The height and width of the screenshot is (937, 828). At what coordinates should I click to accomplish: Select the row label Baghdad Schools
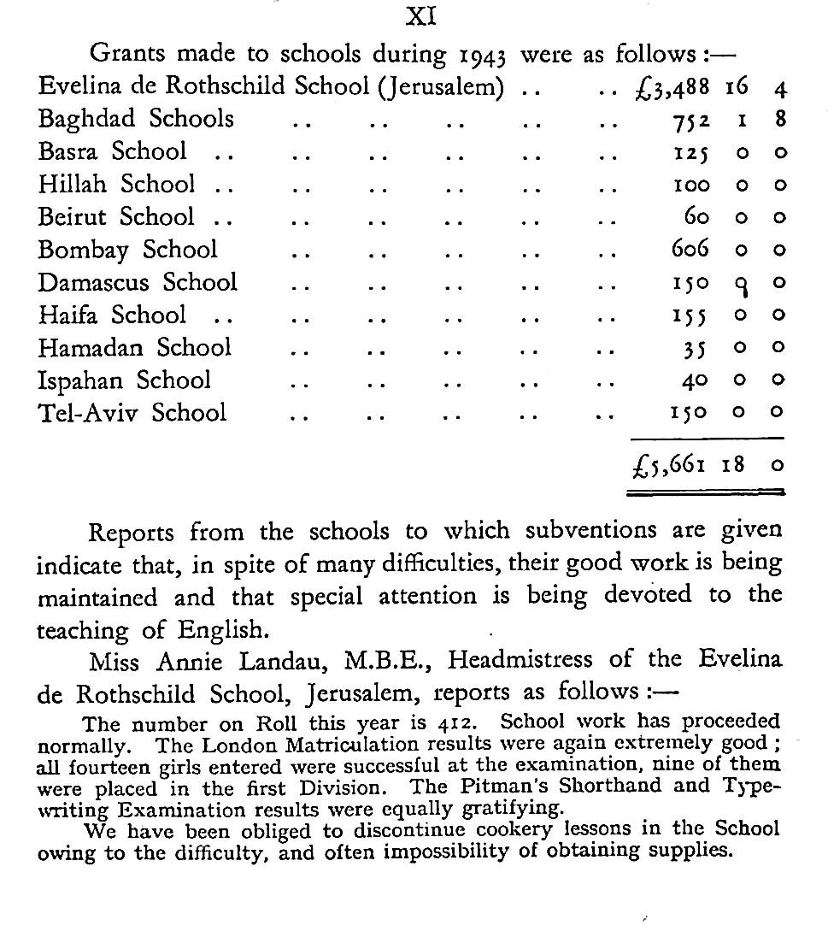[136, 119]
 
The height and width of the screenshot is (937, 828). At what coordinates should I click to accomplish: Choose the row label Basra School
[112, 151]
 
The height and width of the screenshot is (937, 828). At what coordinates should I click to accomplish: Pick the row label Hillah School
[116, 184]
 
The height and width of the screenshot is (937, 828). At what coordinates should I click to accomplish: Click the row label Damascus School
[138, 282]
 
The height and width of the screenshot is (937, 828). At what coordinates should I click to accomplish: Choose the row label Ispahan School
[124, 380]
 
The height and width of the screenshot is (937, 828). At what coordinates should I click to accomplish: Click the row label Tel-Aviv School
[132, 412]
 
